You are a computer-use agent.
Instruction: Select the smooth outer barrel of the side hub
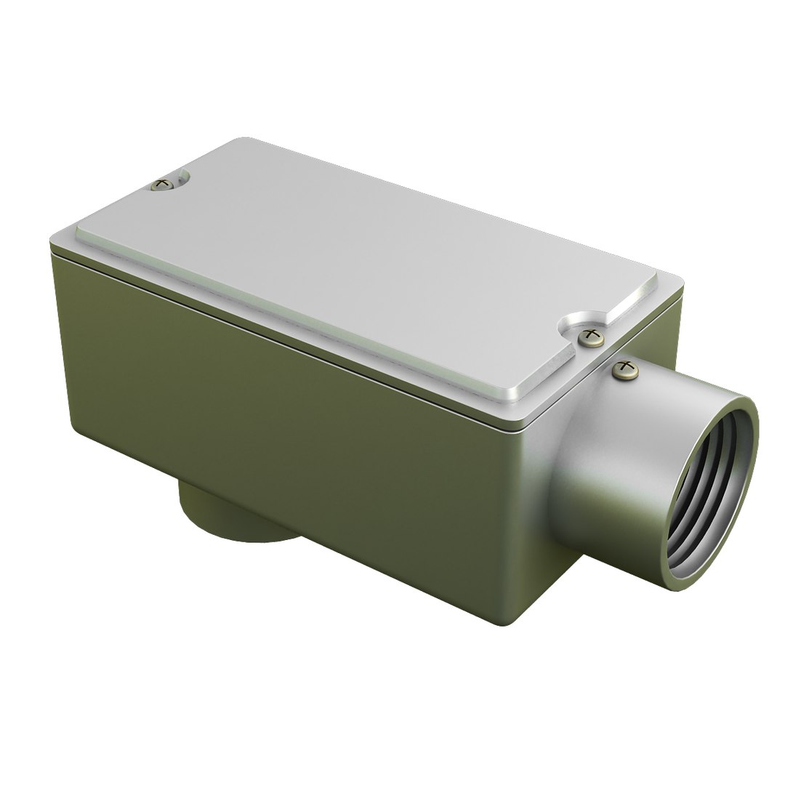[618, 465]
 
